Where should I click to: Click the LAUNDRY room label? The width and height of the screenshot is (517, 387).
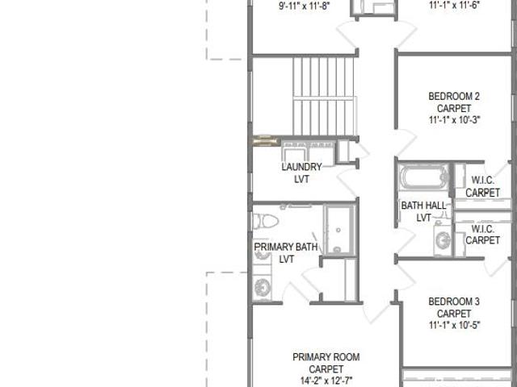pos(301,167)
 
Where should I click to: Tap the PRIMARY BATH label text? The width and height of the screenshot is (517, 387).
pos(286,247)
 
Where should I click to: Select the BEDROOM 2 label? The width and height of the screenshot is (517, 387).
pos(454,97)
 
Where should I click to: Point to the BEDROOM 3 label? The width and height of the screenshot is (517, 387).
pos(454,302)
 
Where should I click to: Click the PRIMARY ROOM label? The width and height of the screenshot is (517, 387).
pos(326,357)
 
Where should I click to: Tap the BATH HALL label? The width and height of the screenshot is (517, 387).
pos(423,206)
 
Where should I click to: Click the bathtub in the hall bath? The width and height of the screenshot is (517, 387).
pos(423,177)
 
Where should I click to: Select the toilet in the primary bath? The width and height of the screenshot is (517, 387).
pos(266,222)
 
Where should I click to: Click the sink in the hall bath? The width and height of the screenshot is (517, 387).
pos(442,239)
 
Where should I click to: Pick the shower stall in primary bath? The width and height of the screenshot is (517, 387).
pos(339,230)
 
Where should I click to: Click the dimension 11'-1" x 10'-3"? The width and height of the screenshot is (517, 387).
pos(454,120)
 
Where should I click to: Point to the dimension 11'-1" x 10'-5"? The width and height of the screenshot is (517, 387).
pos(454,325)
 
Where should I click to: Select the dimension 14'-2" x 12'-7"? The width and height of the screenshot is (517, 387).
pos(326,381)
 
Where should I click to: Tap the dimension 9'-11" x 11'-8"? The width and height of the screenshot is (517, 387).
pos(304,6)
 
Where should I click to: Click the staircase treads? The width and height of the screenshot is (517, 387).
pos(323,96)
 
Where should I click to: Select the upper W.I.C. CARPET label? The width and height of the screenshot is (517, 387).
pos(483,186)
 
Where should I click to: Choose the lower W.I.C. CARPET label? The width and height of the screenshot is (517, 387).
pos(483,235)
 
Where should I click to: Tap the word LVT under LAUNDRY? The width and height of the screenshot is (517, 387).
pos(301,179)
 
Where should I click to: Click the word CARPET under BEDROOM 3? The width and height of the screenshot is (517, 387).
pos(454,314)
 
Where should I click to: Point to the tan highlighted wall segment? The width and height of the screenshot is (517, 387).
pos(267,141)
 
